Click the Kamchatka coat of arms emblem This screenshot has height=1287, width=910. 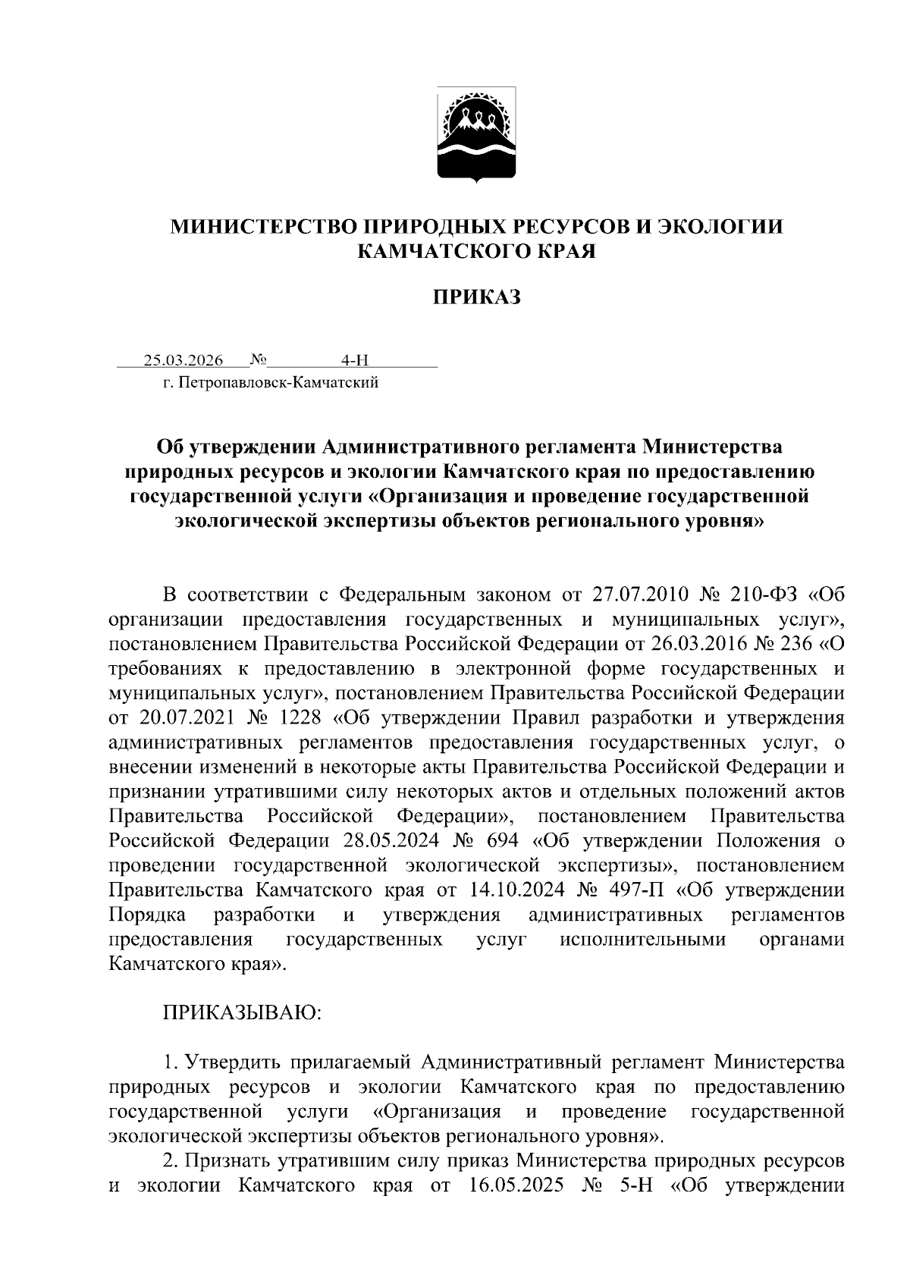pos(476,135)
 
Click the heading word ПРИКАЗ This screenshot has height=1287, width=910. pos(476,297)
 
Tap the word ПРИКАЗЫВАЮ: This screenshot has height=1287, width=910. pos(243,1012)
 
